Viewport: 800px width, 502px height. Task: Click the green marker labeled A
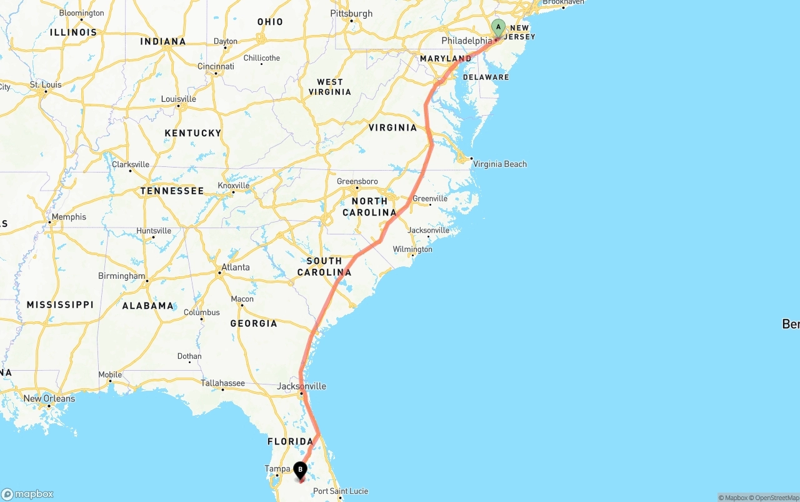pos(498,27)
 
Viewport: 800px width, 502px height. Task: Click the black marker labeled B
pos(300,469)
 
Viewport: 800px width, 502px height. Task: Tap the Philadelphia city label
pos(466,41)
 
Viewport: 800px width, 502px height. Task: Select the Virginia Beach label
pos(500,164)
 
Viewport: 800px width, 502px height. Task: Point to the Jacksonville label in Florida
pos(301,386)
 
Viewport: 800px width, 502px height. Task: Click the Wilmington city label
pos(412,249)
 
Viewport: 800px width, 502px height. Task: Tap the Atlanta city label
pos(235,267)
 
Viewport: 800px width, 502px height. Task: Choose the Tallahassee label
pos(222,383)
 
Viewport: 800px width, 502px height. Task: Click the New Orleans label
pos(49,398)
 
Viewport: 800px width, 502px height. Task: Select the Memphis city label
pos(69,217)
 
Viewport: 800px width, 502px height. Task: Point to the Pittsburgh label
pos(351,13)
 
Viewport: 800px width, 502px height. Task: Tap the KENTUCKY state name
pos(192,133)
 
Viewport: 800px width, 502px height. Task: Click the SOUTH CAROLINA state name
pos(324,266)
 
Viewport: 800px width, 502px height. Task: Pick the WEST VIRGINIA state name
pos(330,87)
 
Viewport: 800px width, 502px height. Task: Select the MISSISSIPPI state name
pos(60,304)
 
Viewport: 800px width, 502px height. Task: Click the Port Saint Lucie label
pos(341,491)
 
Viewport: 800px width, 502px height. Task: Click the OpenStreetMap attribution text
pos(775,498)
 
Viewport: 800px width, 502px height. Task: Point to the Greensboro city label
pos(357,181)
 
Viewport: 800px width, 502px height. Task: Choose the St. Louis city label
pos(46,84)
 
